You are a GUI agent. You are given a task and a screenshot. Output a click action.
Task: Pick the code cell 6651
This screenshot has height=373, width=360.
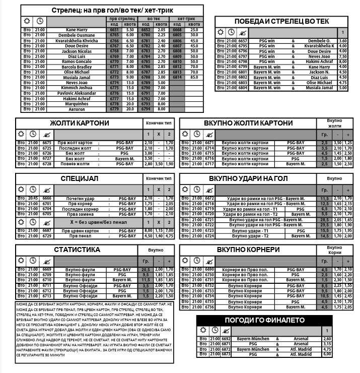click(x=114, y=30)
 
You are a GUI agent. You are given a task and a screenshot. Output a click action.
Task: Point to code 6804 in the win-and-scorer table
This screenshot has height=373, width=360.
click(x=243, y=88)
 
